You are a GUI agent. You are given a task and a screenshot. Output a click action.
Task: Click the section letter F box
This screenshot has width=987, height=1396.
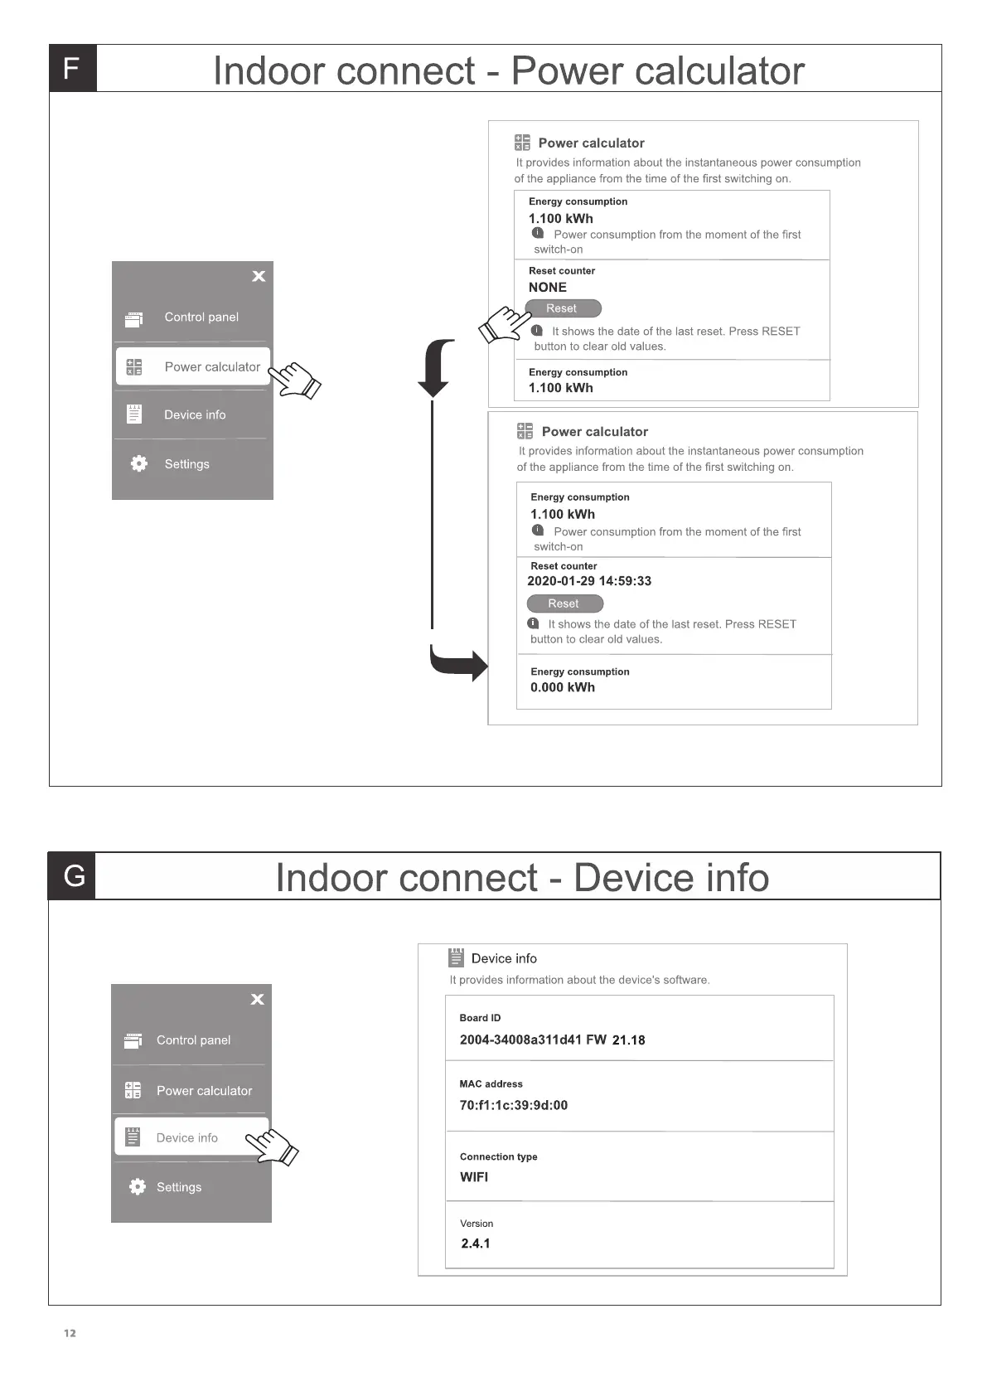pyautogui.click(x=72, y=68)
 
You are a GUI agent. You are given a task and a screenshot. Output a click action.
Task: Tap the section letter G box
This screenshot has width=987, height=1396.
pyautogui.click(x=73, y=875)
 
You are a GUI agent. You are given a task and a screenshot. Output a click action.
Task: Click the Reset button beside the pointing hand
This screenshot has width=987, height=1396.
pyautogui.click(x=562, y=308)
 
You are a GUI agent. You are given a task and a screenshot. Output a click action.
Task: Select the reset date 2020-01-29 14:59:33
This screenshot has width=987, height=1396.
pyautogui.click(x=589, y=581)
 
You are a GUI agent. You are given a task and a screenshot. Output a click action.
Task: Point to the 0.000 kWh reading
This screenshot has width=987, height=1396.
pyautogui.click(x=563, y=687)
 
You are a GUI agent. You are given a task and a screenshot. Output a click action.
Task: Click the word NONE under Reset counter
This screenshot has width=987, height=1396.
pyautogui.click(x=548, y=288)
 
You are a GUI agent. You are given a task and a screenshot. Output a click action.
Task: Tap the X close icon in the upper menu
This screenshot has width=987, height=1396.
pyautogui.click(x=259, y=276)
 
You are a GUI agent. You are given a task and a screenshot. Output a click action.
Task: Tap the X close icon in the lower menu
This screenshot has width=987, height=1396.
pyautogui.click(x=258, y=999)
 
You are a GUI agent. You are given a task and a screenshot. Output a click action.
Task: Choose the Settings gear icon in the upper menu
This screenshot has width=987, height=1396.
pyautogui.click(x=139, y=464)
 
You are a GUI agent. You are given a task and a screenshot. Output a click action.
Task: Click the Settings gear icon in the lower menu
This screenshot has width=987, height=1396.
pyautogui.click(x=138, y=1187)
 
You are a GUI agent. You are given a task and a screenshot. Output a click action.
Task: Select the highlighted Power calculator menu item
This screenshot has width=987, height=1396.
pyautogui.click(x=193, y=366)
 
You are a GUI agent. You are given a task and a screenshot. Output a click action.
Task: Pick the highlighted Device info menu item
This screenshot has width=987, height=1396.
pyautogui.click(x=191, y=1137)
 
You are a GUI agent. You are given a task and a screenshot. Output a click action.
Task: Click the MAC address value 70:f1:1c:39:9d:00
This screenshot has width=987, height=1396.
pyautogui.click(x=514, y=1105)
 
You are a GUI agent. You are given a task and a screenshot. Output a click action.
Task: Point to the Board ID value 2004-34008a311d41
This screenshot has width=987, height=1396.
pyautogui.click(x=520, y=1040)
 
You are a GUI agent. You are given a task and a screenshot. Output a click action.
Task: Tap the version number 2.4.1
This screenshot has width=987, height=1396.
pyautogui.click(x=476, y=1243)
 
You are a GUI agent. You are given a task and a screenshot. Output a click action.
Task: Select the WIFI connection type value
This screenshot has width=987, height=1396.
pyautogui.click(x=474, y=1177)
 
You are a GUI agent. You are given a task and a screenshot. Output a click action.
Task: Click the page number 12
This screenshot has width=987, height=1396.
pyautogui.click(x=70, y=1333)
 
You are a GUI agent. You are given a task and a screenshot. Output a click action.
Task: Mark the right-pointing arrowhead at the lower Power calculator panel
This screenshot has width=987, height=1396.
pyautogui.click(x=479, y=666)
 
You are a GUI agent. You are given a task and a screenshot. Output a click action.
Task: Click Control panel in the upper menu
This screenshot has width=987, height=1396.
pyautogui.click(x=201, y=317)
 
